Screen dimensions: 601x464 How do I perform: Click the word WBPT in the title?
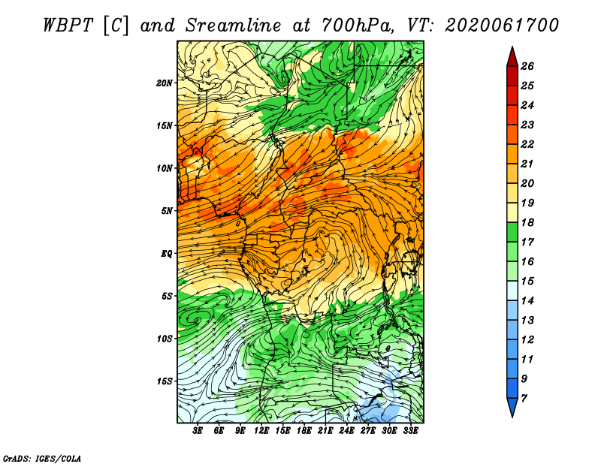pyautogui.click(x=68, y=26)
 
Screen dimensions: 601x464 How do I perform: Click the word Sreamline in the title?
pyautogui.click(x=234, y=26)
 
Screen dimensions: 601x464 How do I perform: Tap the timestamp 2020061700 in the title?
pyautogui.click(x=502, y=26)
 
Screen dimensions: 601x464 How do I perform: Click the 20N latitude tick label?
pyautogui.click(x=164, y=83)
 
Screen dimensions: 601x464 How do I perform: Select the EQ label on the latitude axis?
pyautogui.click(x=166, y=254)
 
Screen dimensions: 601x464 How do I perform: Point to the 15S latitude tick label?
pyautogui.click(x=164, y=381)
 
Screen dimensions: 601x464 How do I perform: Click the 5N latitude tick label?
pyautogui.click(x=167, y=211)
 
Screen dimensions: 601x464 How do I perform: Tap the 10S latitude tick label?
pyautogui.click(x=164, y=339)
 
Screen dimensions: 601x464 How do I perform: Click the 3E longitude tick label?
pyautogui.click(x=198, y=430)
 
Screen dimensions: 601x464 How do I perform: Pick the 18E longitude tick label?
pyautogui.click(x=304, y=430)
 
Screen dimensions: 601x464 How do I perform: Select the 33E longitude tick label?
pyautogui.click(x=410, y=430)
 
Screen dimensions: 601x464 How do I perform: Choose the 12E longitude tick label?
pyautogui.click(x=261, y=430)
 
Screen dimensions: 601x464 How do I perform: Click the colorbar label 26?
pyautogui.click(x=527, y=66)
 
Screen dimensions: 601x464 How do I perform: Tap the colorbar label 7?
pyautogui.click(x=524, y=399)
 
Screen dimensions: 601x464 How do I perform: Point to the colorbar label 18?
pyautogui.click(x=527, y=222)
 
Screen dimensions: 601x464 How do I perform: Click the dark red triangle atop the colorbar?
pyautogui.click(x=512, y=57)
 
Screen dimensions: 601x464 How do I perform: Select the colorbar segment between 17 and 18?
pyautogui.click(x=512, y=232)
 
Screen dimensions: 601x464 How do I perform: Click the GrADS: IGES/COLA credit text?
pyautogui.click(x=42, y=458)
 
